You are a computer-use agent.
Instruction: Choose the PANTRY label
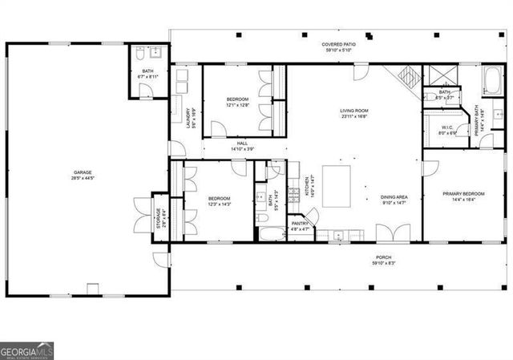tap(300, 225)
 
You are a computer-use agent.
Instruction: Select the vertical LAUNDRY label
tap(189, 118)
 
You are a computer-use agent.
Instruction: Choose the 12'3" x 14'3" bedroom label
tap(220, 200)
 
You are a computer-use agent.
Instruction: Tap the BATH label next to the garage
tap(147, 74)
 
